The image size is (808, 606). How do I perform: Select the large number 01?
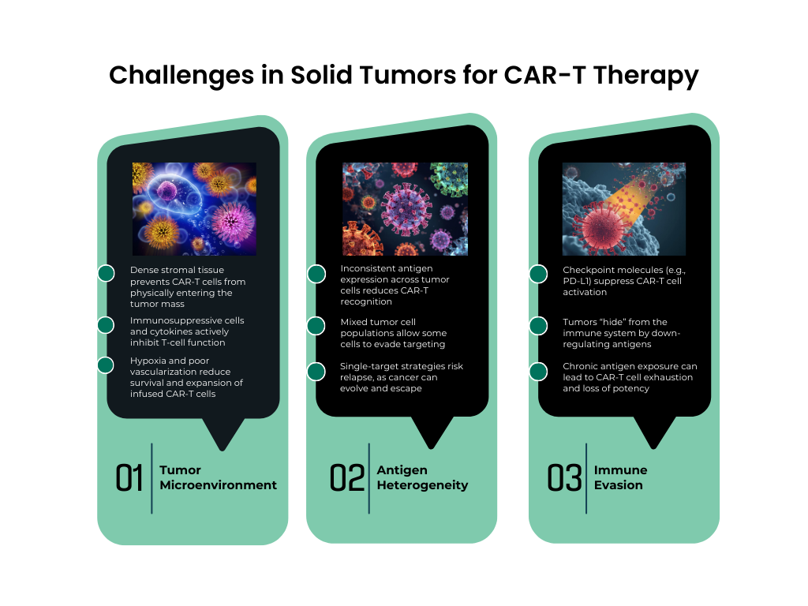(x=129, y=478)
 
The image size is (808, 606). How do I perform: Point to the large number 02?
(x=347, y=478)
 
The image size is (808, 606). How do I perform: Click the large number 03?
(x=565, y=478)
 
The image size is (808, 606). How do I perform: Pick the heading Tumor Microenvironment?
(x=218, y=477)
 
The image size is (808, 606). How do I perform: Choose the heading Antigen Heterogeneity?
(x=422, y=477)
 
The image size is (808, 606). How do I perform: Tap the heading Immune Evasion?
(x=620, y=477)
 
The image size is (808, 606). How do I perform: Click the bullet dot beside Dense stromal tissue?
(x=106, y=273)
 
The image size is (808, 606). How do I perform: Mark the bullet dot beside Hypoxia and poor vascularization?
(x=106, y=365)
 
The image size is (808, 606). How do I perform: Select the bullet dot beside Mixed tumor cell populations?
(x=316, y=325)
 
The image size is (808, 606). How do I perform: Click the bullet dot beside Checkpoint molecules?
(x=538, y=274)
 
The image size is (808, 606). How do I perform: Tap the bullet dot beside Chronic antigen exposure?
(x=538, y=371)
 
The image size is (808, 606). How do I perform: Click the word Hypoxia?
(x=149, y=361)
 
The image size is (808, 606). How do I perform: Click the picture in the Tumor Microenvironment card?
(x=194, y=208)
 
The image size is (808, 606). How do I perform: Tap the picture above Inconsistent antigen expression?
(x=405, y=208)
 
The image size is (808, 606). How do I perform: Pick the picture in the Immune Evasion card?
(x=623, y=208)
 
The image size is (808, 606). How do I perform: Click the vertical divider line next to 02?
(x=369, y=478)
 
